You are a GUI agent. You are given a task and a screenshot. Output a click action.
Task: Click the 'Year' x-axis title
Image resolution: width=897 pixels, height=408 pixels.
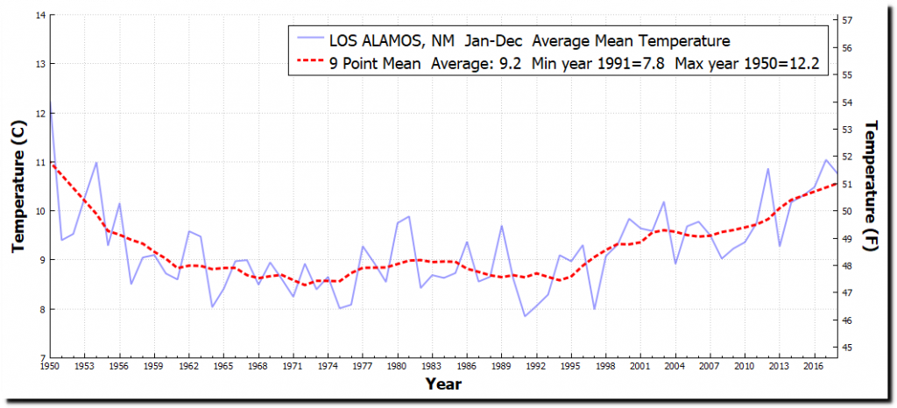coord(443,384)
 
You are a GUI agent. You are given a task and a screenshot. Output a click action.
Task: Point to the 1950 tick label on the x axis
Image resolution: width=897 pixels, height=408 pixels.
coord(50,366)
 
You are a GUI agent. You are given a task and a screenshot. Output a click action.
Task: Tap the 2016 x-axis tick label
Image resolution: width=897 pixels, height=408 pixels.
coord(814,366)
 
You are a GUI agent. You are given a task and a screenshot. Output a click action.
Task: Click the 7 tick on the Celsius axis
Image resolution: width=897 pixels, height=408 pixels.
coord(40,358)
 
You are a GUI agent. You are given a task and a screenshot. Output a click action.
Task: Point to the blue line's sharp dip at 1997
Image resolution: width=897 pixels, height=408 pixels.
coord(594,309)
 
